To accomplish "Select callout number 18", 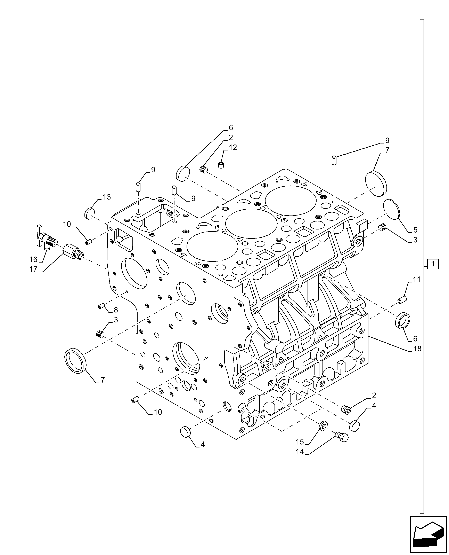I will (x=417, y=349).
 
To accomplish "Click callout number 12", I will (x=233, y=148).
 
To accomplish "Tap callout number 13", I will (x=107, y=197).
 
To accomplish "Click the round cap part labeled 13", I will (x=89, y=213).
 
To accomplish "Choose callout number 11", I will (x=417, y=280).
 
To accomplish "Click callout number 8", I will (x=116, y=310).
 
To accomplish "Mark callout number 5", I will (x=415, y=230).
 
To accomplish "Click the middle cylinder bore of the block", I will (x=251, y=224).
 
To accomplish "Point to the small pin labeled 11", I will (x=402, y=300).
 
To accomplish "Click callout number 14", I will (x=300, y=452).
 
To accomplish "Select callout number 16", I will (x=33, y=259).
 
